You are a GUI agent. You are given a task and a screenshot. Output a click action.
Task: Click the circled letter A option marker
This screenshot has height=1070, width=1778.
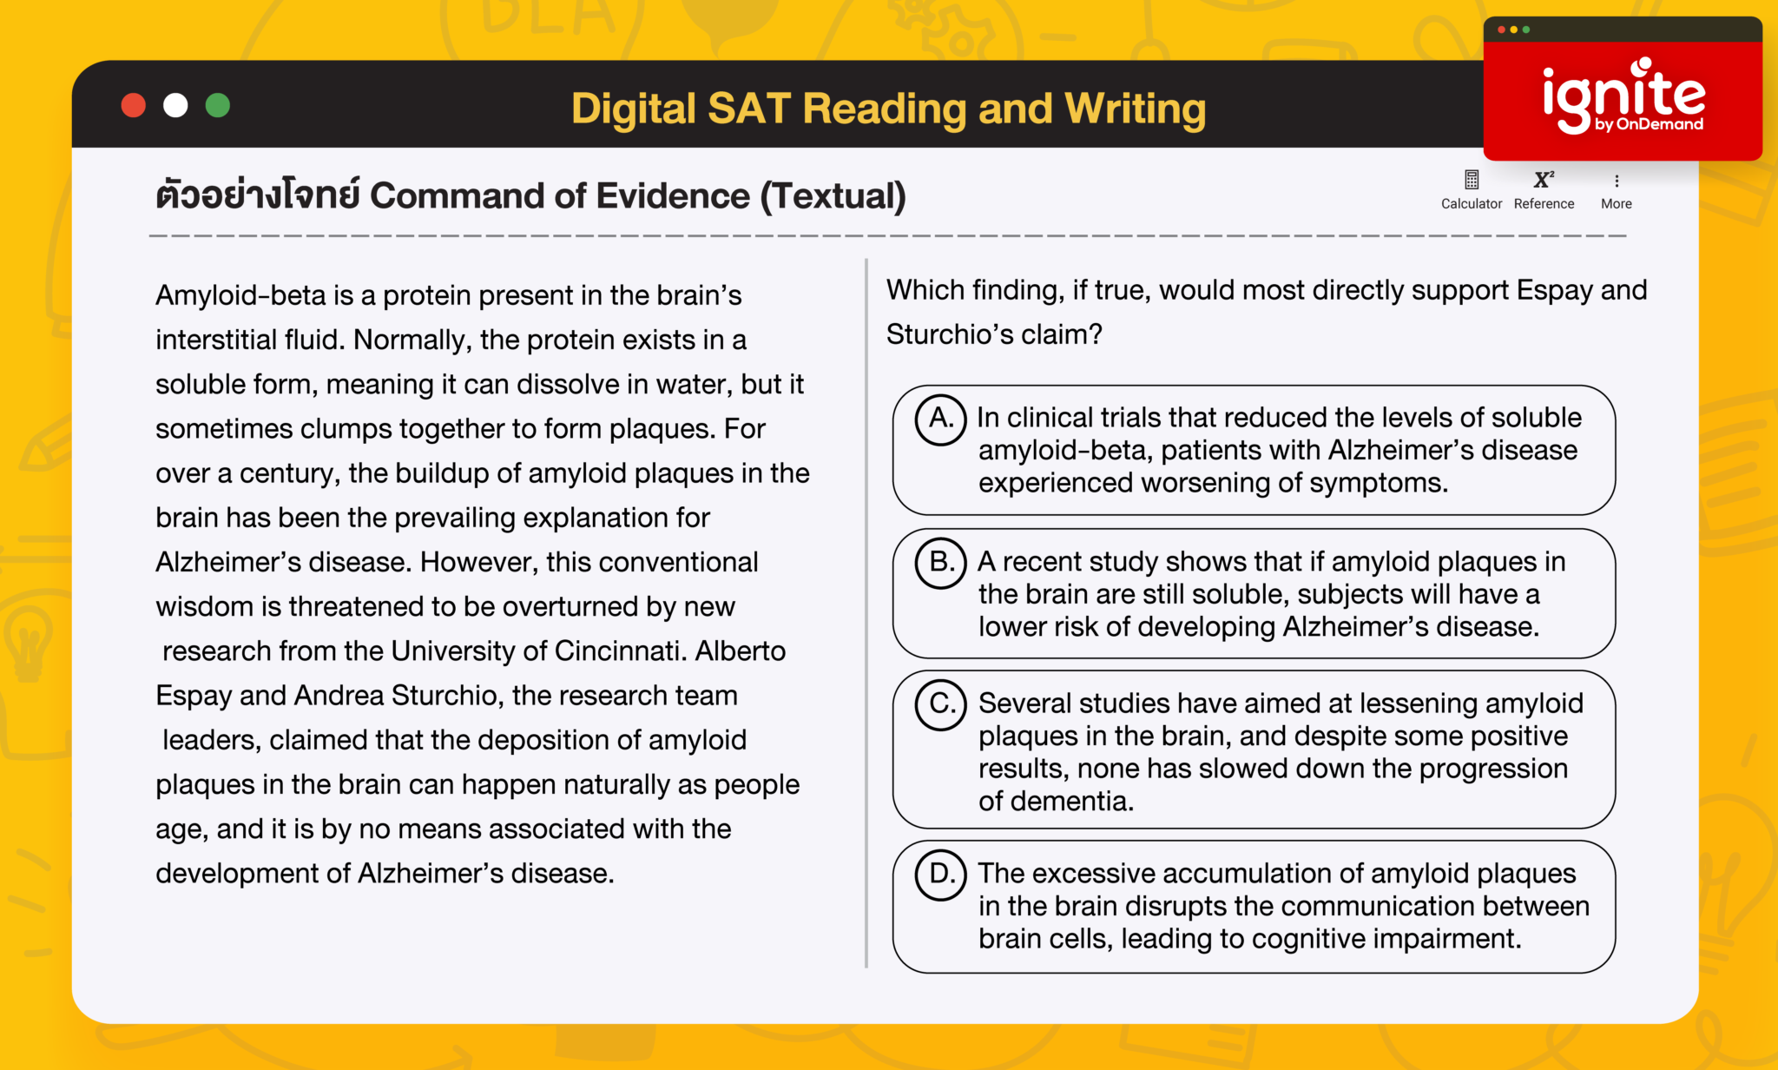pyautogui.click(x=940, y=419)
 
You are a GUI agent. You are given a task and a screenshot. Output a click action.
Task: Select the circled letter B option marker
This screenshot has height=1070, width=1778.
pyautogui.click(x=940, y=563)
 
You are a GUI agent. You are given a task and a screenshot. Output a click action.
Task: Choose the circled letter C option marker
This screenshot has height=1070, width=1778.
pyautogui.click(x=940, y=704)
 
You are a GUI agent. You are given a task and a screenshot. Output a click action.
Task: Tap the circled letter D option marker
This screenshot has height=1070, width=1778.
pyautogui.click(x=940, y=875)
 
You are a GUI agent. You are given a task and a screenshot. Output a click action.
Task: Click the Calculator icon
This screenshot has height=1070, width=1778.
pyautogui.click(x=1472, y=181)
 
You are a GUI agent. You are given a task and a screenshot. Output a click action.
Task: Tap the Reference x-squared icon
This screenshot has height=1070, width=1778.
pyautogui.click(x=1544, y=180)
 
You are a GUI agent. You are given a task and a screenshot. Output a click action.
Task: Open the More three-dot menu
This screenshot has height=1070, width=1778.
pyautogui.click(x=1617, y=181)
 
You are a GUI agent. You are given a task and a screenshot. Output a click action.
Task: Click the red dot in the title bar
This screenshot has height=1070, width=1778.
pyautogui.click(x=133, y=105)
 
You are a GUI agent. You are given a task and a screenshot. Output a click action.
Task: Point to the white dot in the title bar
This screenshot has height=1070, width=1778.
pyautogui.click(x=175, y=105)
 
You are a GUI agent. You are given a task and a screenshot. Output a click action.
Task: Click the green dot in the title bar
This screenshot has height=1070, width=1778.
pyautogui.click(x=218, y=105)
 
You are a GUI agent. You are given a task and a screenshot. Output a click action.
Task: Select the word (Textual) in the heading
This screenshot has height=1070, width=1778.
pyautogui.click(x=833, y=196)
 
